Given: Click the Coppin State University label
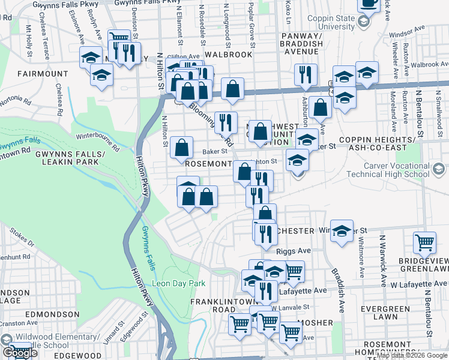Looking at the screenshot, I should point(331,22).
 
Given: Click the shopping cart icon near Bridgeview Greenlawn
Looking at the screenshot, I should point(424,243).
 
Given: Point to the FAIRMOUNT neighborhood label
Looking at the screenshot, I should point(43,74).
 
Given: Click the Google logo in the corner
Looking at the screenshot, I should point(20,353).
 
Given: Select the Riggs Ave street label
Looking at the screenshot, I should point(294,250).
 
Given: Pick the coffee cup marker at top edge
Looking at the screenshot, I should point(369,4).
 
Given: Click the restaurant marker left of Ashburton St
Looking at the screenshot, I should point(306,75).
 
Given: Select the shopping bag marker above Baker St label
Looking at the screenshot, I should point(181,148).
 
